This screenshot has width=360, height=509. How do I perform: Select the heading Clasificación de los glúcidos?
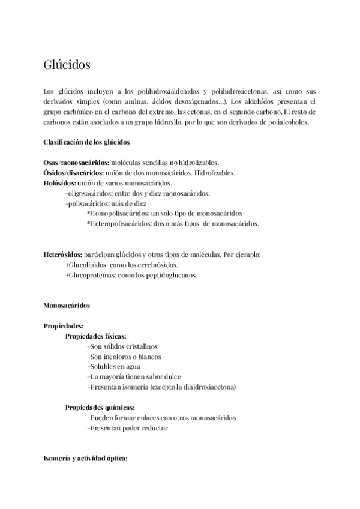click(x=86, y=142)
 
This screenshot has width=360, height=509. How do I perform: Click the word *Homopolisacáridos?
click(x=118, y=214)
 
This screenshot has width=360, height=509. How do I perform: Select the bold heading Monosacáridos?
click(x=67, y=306)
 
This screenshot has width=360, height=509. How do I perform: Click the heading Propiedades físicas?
click(x=95, y=336)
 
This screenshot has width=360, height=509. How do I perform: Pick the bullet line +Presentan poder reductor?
click(x=127, y=428)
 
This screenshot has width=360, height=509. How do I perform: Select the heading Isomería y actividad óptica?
click(x=85, y=459)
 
